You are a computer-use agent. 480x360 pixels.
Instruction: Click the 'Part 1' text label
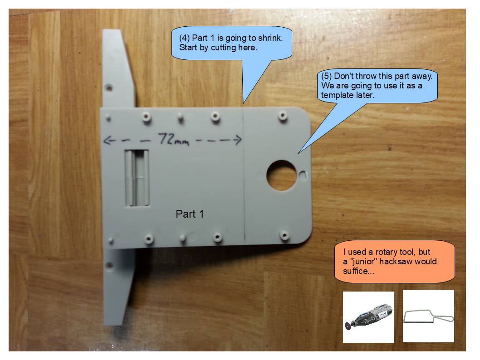pos(190,214)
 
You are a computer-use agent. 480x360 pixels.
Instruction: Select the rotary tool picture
pos(368,317)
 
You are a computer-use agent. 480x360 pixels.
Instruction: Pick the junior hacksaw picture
pos(429,316)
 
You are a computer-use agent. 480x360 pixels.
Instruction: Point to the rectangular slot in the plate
pos(137,178)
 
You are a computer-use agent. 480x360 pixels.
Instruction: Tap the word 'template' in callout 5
pos(335,95)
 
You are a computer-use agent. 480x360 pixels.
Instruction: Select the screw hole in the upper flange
pos(109,88)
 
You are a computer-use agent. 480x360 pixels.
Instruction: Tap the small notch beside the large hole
pos(303,175)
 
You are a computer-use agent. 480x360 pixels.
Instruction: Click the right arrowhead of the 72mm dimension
pos(238,140)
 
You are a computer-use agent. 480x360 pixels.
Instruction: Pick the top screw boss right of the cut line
pos(283,116)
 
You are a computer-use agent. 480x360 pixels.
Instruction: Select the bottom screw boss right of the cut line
pos(285,235)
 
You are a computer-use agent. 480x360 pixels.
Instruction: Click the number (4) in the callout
pos(185,38)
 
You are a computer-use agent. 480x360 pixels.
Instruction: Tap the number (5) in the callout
pos(326,76)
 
